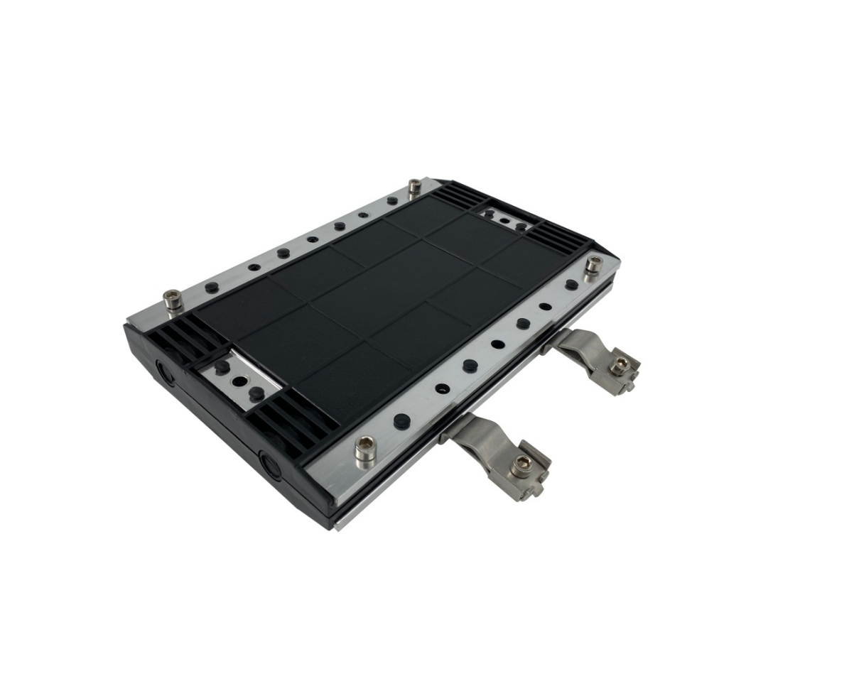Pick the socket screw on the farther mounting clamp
point(620,364)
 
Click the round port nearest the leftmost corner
point(164,371)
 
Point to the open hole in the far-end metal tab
point(504,221)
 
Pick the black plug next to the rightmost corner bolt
point(571,284)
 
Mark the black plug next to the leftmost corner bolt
point(211,288)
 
